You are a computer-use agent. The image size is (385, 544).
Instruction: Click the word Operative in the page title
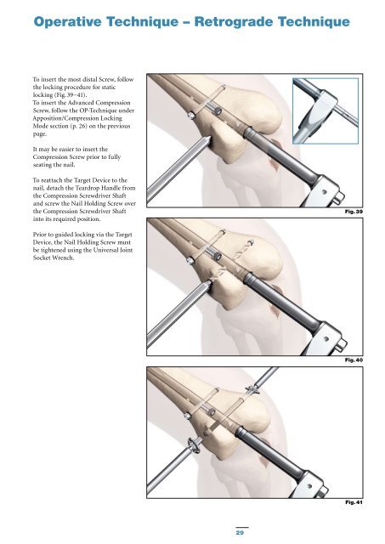68,22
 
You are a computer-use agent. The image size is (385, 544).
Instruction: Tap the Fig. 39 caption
354,212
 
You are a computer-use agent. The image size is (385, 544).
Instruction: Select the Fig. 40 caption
354,360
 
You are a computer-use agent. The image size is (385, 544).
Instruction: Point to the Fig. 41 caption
354,502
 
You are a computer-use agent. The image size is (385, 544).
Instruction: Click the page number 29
240,532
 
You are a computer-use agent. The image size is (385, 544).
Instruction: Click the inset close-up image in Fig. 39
326,111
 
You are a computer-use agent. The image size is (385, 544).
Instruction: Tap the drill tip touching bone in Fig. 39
207,139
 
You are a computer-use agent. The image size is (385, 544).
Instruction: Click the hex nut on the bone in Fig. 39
190,115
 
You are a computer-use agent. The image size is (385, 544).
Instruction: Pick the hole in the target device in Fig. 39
325,191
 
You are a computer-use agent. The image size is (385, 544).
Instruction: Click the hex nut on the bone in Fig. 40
190,260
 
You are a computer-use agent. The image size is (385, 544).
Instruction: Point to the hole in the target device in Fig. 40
326,338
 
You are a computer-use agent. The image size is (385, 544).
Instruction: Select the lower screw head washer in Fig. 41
194,445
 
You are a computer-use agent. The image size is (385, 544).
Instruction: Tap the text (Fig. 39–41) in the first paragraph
69,95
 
